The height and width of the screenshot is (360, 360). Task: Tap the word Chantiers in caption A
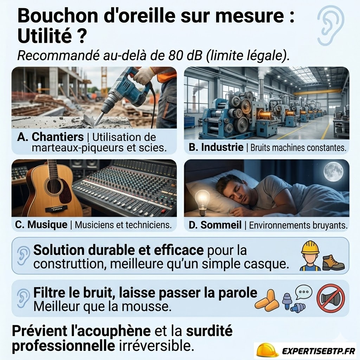point(58,137)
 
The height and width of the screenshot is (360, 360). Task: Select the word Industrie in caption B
point(222,147)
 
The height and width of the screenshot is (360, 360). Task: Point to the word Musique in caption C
point(47,225)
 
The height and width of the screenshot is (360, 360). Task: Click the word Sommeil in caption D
point(221,225)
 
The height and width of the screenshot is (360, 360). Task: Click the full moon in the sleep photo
point(333,171)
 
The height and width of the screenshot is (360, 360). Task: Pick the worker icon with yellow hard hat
point(310,256)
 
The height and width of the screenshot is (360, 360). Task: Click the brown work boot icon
point(333,263)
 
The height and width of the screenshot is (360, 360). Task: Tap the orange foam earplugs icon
point(268,299)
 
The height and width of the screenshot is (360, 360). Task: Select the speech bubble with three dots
point(303,292)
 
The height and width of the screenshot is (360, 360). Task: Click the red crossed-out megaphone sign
point(330,298)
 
